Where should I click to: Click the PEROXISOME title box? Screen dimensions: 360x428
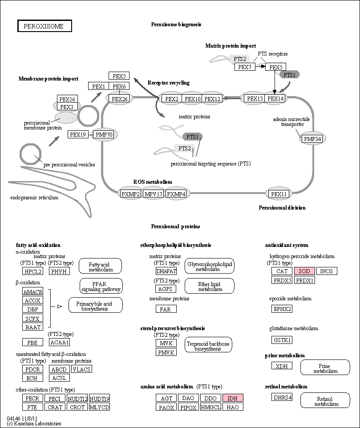coord(45,26)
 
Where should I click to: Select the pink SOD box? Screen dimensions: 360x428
coord(304,271)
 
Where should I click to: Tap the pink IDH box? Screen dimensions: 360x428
coord(233,398)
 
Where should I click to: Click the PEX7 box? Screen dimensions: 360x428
coord(245,67)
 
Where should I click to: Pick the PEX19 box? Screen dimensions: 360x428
coord(78,134)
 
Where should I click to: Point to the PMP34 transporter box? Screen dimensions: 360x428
coord(312,139)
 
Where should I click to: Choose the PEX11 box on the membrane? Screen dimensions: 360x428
coord(279,194)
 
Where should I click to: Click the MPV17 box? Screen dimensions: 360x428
coord(154,194)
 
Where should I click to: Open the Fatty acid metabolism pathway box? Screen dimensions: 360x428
coord(101,266)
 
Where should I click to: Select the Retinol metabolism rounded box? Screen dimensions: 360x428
coord(325,400)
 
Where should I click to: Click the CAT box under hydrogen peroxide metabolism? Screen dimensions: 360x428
coord(282,271)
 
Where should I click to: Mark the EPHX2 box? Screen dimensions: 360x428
coord(282,309)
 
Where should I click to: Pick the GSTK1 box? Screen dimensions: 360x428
coord(282,340)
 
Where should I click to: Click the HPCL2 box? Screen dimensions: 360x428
coord(33,271)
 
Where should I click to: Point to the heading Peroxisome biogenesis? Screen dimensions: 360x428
coord(176,24)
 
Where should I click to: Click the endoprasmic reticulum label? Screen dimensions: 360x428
coord(34,198)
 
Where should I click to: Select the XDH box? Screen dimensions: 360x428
coord(282,366)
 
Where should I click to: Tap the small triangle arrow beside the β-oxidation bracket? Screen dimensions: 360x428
coord(60,307)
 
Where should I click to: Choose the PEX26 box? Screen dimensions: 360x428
coord(120,99)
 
